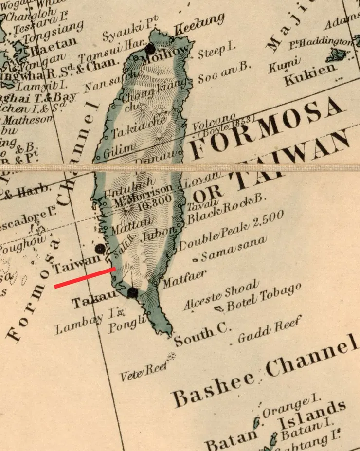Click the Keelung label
[199, 24]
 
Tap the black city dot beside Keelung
[150, 49]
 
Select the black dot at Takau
[132, 292]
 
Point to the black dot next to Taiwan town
[100, 249]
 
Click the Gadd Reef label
[270, 329]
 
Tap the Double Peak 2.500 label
[232, 232]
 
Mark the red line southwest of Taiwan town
[85, 277]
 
